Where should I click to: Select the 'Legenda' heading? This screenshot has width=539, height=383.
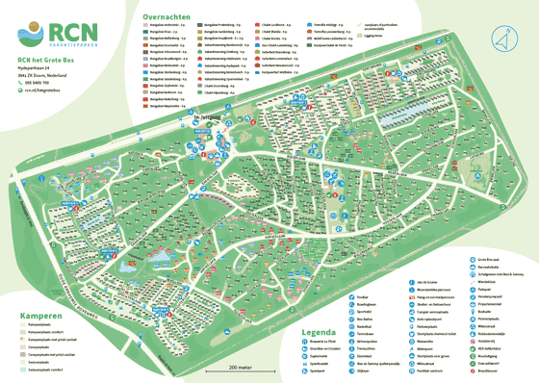click(320, 333)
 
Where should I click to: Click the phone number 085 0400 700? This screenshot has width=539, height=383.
click(42, 83)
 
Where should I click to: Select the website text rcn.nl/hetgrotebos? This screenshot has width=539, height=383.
click(47, 91)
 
